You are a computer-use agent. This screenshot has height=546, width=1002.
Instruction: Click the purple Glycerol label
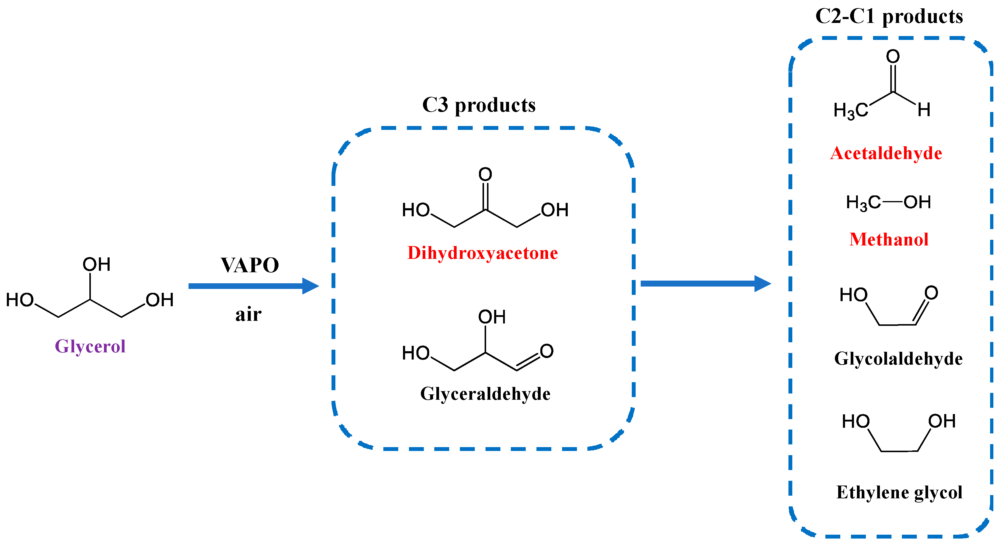90,346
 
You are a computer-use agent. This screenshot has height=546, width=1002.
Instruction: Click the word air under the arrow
248,314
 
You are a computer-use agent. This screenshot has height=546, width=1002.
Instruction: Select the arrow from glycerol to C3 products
253,286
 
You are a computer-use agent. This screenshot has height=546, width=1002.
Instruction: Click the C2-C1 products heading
889,16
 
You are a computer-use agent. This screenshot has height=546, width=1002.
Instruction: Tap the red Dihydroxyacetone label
482,253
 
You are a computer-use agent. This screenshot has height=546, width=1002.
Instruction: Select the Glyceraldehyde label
485,393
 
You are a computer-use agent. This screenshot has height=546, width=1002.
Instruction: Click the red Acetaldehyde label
886,153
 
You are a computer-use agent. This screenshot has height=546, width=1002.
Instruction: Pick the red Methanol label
889,239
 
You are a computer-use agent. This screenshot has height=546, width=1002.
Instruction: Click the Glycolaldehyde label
898,358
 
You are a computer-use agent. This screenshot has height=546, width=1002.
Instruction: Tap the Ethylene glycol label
899,492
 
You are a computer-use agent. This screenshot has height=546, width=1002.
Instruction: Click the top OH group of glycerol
97,265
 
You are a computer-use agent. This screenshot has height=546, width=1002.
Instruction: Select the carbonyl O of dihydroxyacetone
485,174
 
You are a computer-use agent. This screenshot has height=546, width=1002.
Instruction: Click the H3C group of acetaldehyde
851,111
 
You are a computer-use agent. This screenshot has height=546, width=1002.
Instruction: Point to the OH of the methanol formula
917,202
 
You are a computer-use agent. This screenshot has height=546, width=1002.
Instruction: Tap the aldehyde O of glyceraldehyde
547,351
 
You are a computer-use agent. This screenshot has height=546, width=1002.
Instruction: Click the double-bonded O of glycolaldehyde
931,293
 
